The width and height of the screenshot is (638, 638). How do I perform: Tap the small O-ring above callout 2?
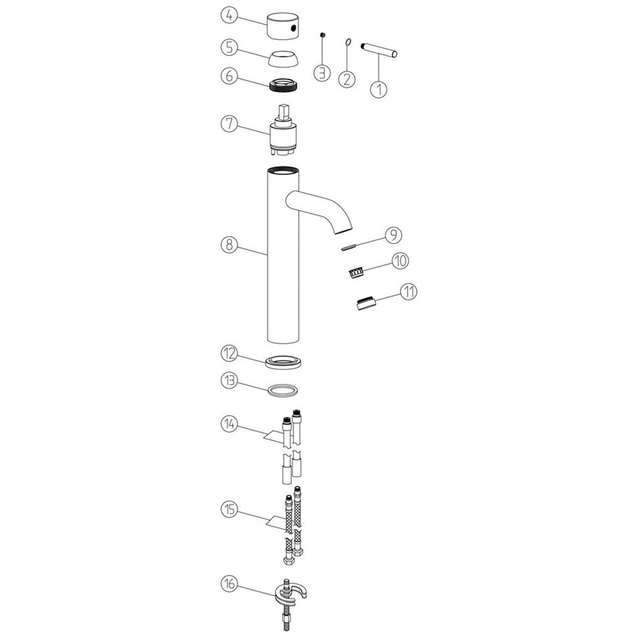coord(348,42)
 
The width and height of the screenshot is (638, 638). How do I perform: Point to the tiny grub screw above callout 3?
coord(323,35)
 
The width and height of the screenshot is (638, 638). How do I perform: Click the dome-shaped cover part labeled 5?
coord(285,58)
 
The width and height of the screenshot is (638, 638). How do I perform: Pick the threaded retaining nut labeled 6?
coord(284,85)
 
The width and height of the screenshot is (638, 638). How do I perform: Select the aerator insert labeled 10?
coord(357,272)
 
